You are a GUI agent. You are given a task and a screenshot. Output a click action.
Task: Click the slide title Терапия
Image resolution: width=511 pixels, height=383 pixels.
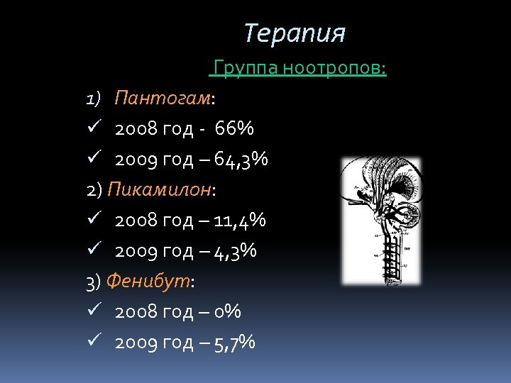[295, 33]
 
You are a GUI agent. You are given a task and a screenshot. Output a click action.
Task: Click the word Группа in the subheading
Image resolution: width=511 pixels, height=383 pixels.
[245, 68]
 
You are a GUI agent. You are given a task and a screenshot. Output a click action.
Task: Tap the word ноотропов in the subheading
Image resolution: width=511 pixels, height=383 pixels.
[334, 68]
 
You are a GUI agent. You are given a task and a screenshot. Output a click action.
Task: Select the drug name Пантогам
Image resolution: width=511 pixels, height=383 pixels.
[163, 98]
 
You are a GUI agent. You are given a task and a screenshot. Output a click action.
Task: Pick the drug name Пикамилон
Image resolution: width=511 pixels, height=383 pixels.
[160, 189]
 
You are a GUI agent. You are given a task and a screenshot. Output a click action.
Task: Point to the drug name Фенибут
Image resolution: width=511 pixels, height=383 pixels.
[148, 282]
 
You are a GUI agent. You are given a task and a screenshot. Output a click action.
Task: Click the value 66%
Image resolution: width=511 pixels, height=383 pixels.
[234, 129]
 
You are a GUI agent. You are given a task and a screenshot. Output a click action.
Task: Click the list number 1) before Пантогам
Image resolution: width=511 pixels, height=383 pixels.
[94, 98]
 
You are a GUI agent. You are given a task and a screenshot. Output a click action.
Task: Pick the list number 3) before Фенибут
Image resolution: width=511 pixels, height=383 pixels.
[93, 282]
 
